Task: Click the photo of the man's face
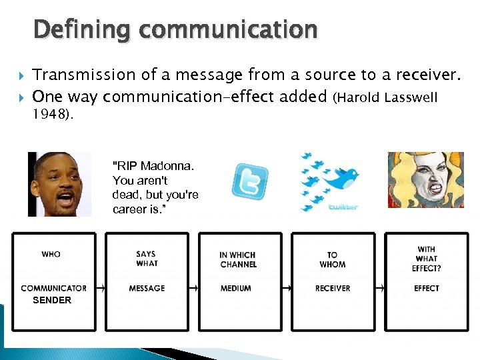[x=59, y=184]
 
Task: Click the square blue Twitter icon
[x=250, y=181]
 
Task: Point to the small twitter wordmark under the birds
[x=344, y=207]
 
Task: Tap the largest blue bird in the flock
[x=343, y=177]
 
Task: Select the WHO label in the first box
[x=51, y=254]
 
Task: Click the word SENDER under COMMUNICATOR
[x=52, y=301]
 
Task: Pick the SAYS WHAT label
[x=147, y=259]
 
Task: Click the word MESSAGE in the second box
[x=147, y=288]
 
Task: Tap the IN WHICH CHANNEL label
[x=238, y=259]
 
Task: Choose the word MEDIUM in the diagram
[x=236, y=288]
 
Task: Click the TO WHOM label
[x=332, y=259]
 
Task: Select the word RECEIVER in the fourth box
[x=332, y=288]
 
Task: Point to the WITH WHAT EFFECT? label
[x=426, y=259]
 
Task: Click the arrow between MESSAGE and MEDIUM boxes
[x=194, y=288]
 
